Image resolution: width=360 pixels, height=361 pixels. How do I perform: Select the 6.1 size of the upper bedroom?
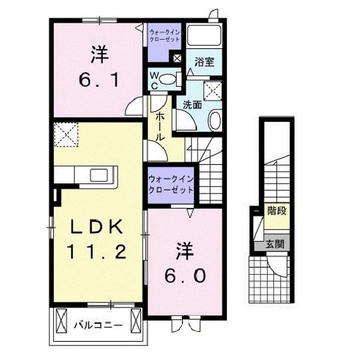pyautogui.click(x=100, y=79)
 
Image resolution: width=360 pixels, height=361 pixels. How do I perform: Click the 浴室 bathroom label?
pyautogui.click(x=205, y=63)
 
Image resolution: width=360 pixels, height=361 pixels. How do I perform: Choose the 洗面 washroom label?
pyautogui.click(x=192, y=105)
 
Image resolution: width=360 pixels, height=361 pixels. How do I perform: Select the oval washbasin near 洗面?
pyautogui.click(x=214, y=120)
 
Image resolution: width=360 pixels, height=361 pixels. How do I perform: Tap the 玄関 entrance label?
pyautogui.click(x=275, y=245)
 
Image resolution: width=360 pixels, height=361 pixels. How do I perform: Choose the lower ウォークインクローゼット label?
pyautogui.click(x=170, y=185)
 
